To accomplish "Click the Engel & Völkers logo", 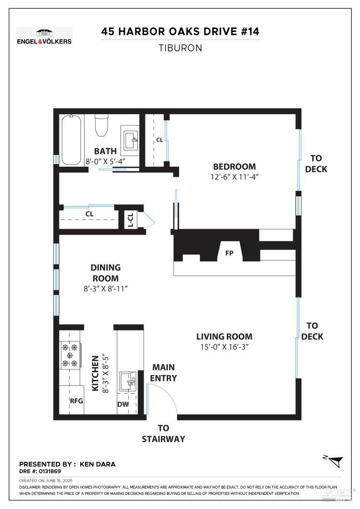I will point(44,35).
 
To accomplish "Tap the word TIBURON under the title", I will point(180,48).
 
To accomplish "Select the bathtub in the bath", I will point(72,140).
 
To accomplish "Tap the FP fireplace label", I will point(229,253).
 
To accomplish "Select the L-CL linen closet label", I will point(130,220).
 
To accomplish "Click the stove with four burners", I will point(70,355).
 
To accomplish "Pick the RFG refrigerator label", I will point(76,401).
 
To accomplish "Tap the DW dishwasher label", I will point(123,404).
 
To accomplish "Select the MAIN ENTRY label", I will point(164,373).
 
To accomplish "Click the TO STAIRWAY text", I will point(163,434).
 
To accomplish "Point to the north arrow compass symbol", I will point(335,460).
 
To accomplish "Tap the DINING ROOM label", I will point(105,273).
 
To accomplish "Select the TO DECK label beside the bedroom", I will point(316,164).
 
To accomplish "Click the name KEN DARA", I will point(98,464).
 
